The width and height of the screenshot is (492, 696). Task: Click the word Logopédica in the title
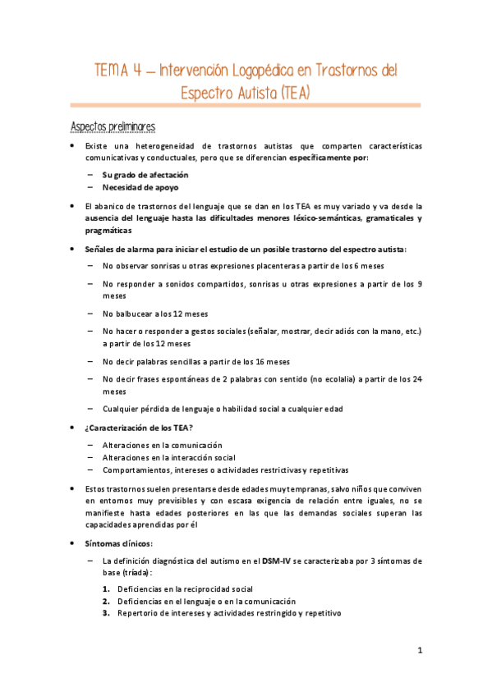pyautogui.click(x=257, y=71)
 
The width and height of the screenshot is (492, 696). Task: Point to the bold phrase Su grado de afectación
pyautogui.click(x=145, y=175)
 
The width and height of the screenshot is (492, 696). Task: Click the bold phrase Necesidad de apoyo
pyautogui.click(x=140, y=186)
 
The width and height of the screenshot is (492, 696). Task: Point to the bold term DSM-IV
pyautogui.click(x=276, y=560)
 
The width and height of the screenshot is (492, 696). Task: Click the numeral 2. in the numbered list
pyautogui.click(x=107, y=601)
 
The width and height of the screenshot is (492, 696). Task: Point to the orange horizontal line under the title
pyautogui.click(x=246, y=106)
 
